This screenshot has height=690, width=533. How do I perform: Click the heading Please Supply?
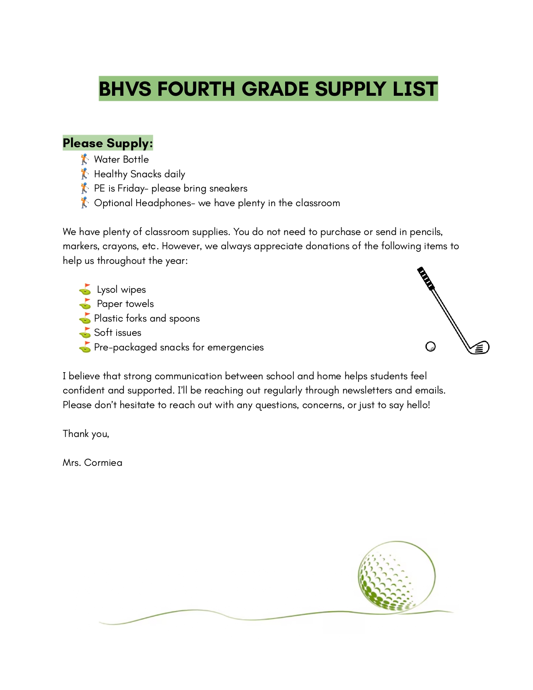click(x=107, y=143)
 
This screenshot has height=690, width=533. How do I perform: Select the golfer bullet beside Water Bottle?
click(x=84, y=159)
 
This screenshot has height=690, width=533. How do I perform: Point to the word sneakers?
click(x=228, y=188)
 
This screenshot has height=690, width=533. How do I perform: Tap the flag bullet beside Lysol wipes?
click(x=85, y=289)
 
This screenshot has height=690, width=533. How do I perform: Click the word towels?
click(x=140, y=304)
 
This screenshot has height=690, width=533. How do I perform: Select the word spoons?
click(x=184, y=318)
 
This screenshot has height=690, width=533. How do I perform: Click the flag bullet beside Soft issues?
click(x=85, y=333)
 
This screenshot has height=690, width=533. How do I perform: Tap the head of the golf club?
click(x=479, y=348)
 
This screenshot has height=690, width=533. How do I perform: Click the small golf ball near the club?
click(x=430, y=347)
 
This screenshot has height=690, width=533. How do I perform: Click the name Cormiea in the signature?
click(x=103, y=463)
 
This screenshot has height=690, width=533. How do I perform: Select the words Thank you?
click(x=86, y=434)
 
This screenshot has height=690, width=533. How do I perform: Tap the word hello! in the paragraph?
click(x=418, y=405)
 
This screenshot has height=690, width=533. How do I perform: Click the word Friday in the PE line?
click(x=131, y=188)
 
